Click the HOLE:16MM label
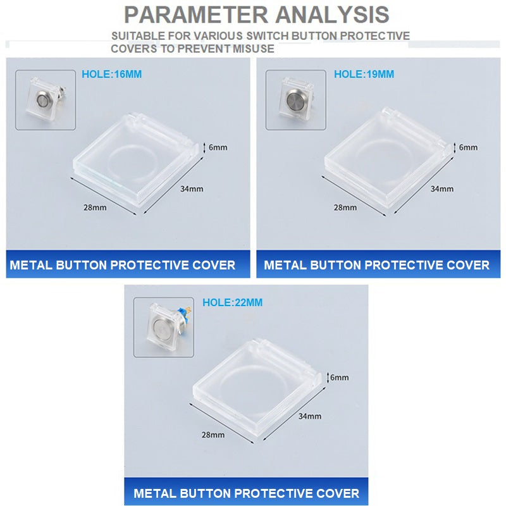(112, 74)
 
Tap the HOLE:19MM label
(364, 74)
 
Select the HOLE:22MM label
(232, 302)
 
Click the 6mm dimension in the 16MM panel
(218, 147)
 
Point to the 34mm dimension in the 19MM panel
(442, 188)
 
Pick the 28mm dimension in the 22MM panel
(213, 435)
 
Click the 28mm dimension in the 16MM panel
(95, 207)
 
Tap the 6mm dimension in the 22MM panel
(339, 377)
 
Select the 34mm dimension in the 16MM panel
(192, 188)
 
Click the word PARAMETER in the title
(196, 15)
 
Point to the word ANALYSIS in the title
(332, 15)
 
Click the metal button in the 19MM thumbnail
(294, 99)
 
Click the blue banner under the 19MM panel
(378, 264)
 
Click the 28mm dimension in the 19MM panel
(345, 207)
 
